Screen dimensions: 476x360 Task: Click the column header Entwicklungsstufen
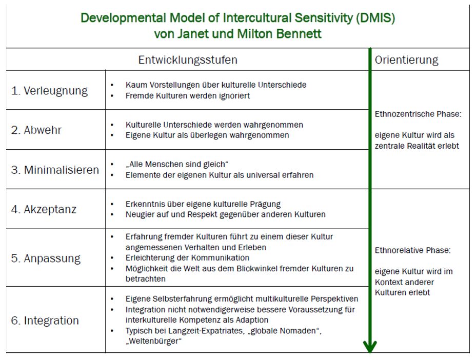(188, 60)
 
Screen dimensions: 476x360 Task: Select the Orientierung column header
(406, 60)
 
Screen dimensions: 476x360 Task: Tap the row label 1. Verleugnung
(49, 91)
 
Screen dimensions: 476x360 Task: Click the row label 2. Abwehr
(36, 130)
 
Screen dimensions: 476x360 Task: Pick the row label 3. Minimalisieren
(55, 170)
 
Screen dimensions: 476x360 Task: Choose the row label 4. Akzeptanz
(44, 209)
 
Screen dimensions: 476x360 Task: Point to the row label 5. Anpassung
(46, 258)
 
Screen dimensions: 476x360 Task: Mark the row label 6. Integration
(45, 321)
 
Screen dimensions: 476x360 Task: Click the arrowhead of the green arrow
(370, 347)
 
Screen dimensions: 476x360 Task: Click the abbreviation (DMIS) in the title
(375, 18)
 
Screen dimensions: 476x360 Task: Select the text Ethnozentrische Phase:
(418, 114)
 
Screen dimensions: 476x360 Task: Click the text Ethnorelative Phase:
(413, 250)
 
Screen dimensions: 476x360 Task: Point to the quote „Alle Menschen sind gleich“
(177, 164)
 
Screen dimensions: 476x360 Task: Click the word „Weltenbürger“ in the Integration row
(153, 341)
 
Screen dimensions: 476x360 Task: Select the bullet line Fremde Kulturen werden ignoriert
(188, 95)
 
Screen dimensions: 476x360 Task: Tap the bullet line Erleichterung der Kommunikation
(187, 258)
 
